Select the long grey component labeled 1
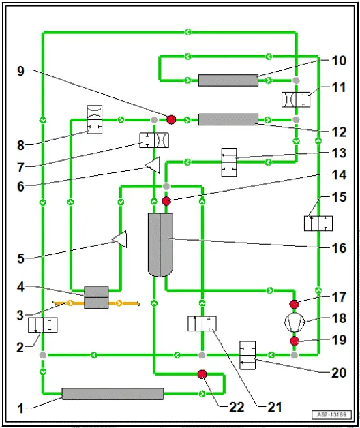[112, 393]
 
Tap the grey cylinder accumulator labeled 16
[161, 244]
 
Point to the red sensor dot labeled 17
[295, 303]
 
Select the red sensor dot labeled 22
[202, 373]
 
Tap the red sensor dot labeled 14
[166, 201]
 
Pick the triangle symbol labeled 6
[153, 164]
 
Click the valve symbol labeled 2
[43, 324]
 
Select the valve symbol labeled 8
[95, 120]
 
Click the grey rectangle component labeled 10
[228, 80]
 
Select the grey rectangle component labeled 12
[228, 119]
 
